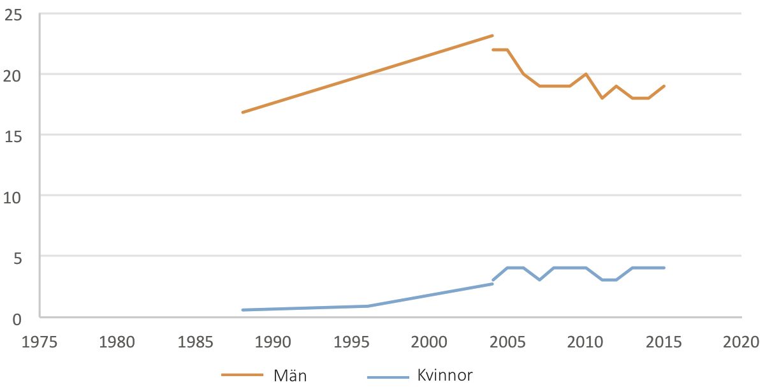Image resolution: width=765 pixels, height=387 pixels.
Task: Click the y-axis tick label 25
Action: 13,15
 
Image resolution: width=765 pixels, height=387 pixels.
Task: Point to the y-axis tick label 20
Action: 12,76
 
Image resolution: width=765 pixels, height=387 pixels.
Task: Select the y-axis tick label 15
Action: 13,136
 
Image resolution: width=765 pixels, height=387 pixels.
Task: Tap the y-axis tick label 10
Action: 12,198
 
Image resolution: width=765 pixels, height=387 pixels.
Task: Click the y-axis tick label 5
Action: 18,258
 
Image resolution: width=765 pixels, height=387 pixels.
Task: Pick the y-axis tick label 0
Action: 17,319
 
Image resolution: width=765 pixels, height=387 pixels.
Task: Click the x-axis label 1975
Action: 40,342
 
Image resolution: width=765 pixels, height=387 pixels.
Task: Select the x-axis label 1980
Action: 117,342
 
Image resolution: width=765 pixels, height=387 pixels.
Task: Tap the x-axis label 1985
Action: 195,342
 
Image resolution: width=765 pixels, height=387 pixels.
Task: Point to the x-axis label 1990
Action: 273,342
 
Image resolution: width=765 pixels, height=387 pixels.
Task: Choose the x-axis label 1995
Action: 351,342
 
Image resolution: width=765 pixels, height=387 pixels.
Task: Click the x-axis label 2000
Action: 429,342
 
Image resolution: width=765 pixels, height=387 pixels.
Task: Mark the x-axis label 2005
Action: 507,342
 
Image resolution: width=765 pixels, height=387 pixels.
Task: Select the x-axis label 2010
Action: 585,342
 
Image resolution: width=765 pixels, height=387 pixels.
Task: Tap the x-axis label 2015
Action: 664,342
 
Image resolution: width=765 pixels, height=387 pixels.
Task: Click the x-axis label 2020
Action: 741,342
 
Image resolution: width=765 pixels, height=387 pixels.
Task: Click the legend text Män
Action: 290,376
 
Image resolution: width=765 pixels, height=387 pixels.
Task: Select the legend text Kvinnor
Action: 445,375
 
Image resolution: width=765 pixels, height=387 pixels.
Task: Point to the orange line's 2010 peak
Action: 586,74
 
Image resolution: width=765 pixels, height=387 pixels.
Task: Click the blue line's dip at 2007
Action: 539,280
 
